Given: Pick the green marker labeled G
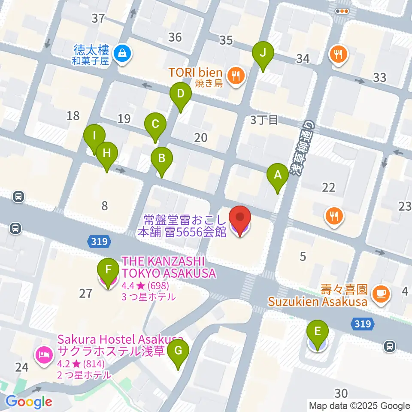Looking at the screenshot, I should coord(178,353).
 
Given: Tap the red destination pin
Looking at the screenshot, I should coord(239,220).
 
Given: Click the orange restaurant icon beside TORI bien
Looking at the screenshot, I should coord(235,76).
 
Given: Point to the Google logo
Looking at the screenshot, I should coord(29,402).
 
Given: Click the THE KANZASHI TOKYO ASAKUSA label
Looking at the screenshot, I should coord(169,267).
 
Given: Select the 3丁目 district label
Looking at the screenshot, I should coord(264,121).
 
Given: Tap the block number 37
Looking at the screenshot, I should coord(98,18).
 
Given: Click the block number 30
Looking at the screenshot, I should coord(341,393).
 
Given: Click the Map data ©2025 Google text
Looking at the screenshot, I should coord(360,406).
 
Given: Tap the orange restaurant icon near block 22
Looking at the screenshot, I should coord(334,215).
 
